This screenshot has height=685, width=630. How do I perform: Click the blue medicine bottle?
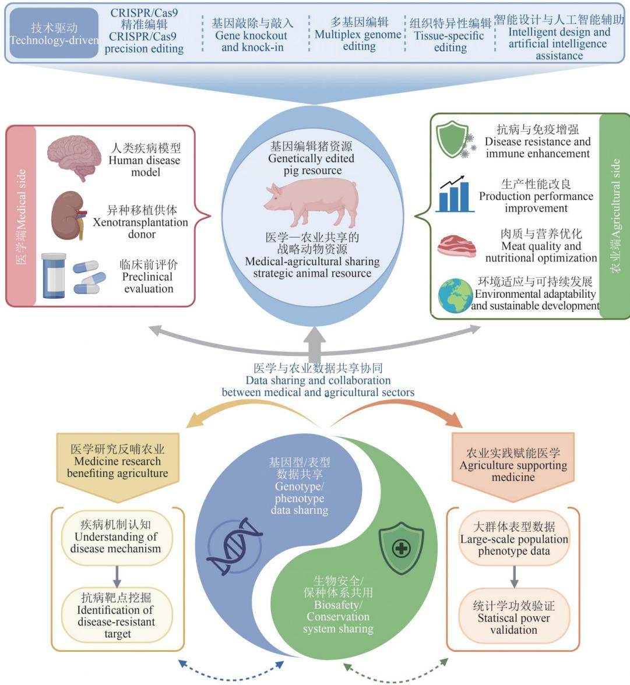click(54, 276)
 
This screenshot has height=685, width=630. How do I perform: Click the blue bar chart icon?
click(455, 194)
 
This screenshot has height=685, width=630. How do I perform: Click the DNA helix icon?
click(234, 546)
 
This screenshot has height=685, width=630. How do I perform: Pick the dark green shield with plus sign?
click(401, 548)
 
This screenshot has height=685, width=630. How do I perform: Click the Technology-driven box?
click(54, 33)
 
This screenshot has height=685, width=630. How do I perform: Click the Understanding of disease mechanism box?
click(117, 537)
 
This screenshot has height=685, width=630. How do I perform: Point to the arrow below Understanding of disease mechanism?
click(117, 577)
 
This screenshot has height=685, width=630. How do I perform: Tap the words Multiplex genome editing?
click(358, 40)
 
